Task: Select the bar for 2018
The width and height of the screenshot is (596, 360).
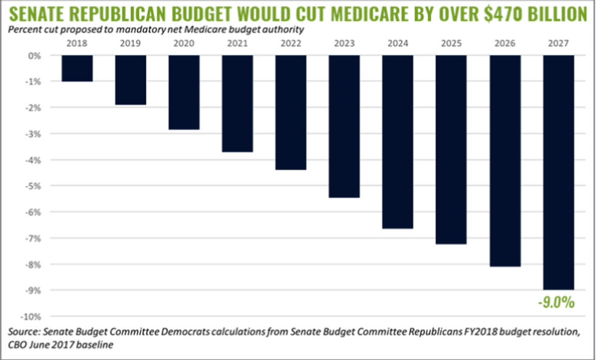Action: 77,68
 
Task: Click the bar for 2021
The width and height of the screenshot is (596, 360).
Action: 237,103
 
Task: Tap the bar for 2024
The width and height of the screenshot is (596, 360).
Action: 397,142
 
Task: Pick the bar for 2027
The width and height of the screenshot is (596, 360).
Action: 558,173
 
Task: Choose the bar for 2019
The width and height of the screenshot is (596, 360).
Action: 130,80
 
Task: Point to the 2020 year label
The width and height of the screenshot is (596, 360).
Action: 183,43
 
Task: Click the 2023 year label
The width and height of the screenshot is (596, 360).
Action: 344,43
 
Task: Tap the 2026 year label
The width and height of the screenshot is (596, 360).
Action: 504,43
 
